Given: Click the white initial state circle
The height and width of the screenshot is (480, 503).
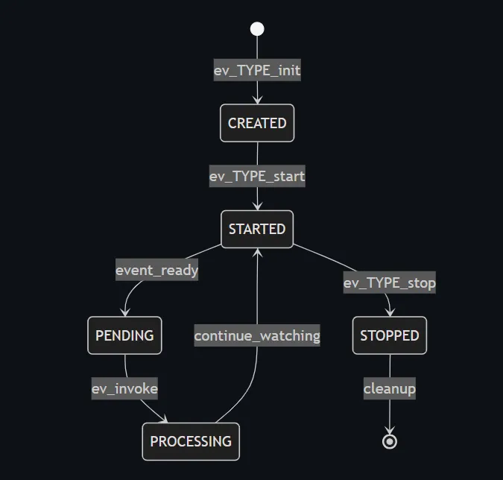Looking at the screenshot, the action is pyautogui.click(x=257, y=29).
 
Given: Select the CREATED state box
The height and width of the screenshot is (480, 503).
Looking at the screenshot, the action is pyautogui.click(x=257, y=123).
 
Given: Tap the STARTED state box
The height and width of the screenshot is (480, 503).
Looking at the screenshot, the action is pyautogui.click(x=257, y=229).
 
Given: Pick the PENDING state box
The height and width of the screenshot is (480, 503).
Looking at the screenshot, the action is pyautogui.click(x=124, y=335).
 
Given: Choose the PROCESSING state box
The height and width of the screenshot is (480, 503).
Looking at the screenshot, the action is pyautogui.click(x=191, y=441).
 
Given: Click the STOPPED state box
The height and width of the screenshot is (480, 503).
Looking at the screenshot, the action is pyautogui.click(x=390, y=335).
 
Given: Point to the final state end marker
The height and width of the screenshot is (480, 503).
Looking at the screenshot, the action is pyautogui.click(x=389, y=441).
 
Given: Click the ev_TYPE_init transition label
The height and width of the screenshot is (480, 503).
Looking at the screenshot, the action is pyautogui.click(x=257, y=71).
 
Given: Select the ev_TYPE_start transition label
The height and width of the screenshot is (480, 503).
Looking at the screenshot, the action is pyautogui.click(x=257, y=177).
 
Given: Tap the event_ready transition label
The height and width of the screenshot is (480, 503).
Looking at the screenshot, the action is pyautogui.click(x=156, y=270).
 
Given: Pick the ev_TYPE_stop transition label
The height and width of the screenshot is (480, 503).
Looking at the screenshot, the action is pyautogui.click(x=389, y=282).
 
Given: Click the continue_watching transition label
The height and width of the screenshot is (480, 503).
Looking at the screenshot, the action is pyautogui.click(x=257, y=335).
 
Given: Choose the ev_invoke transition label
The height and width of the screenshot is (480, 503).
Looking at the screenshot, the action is pyautogui.click(x=124, y=388).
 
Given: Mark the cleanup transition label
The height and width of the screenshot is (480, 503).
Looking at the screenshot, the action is pyautogui.click(x=389, y=388).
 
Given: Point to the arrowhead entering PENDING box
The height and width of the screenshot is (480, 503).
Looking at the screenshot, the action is pyautogui.click(x=124, y=312).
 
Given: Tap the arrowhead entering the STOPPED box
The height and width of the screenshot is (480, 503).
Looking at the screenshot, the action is pyautogui.click(x=390, y=312).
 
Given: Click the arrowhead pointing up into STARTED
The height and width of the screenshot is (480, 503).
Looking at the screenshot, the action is pyautogui.click(x=257, y=253).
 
